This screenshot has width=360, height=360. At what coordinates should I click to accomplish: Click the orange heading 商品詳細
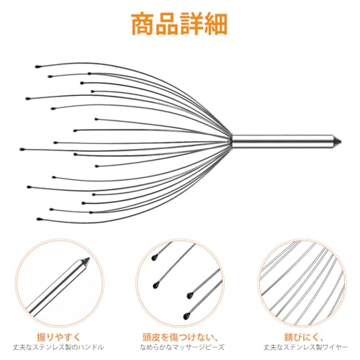pyautogui.click(x=179, y=24)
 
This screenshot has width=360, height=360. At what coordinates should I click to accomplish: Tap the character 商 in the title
pyautogui.click(x=143, y=24)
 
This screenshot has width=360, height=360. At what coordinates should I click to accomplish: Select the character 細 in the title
pyautogui.click(x=215, y=24)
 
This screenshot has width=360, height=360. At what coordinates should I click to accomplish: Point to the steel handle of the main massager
pyautogui.click(x=283, y=141)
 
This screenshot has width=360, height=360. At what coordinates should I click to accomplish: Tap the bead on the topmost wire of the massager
pyautogui.click(x=37, y=66)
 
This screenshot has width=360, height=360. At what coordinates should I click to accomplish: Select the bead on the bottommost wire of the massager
pyautogui.click(x=39, y=219)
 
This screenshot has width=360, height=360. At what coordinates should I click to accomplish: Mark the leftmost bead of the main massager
pyautogui.click(x=22, y=149)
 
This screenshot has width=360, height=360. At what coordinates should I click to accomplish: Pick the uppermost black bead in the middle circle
pyautogui.click(x=154, y=258)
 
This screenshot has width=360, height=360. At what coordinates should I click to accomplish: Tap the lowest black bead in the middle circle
pyautogui.click(x=186, y=316)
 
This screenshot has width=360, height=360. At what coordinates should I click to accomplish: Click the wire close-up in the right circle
pyautogui.click(x=302, y=283)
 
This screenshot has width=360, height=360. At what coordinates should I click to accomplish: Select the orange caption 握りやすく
pyautogui.click(x=59, y=337)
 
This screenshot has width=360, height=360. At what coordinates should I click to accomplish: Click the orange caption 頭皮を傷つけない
pyautogui.click(x=177, y=337)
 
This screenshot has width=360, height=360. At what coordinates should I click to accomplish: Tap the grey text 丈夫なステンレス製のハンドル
pyautogui.click(x=58, y=347)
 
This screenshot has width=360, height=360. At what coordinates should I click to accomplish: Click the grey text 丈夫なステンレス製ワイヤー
pyautogui.click(x=305, y=347)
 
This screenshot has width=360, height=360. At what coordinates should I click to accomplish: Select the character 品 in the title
pyautogui.click(x=167, y=24)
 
